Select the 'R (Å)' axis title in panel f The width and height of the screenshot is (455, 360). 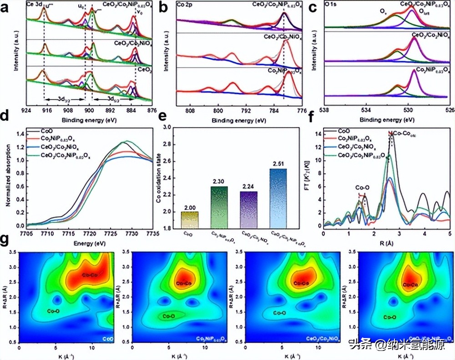[387, 243]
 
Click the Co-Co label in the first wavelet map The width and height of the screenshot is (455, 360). [90, 275]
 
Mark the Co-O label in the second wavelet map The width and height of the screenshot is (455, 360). [169, 315]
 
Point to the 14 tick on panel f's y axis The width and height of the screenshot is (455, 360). [318, 134]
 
